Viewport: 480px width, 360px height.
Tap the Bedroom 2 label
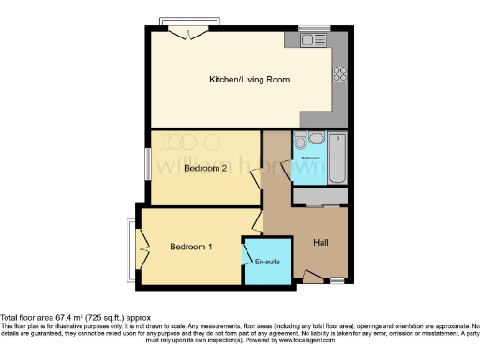206,169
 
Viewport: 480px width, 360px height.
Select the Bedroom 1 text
191,247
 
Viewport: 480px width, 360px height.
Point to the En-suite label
266,260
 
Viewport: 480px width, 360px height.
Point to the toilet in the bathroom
300,142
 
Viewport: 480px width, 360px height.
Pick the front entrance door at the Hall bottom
311,276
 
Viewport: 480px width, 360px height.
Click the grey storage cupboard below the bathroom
321,197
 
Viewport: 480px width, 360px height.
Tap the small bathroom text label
311,158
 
